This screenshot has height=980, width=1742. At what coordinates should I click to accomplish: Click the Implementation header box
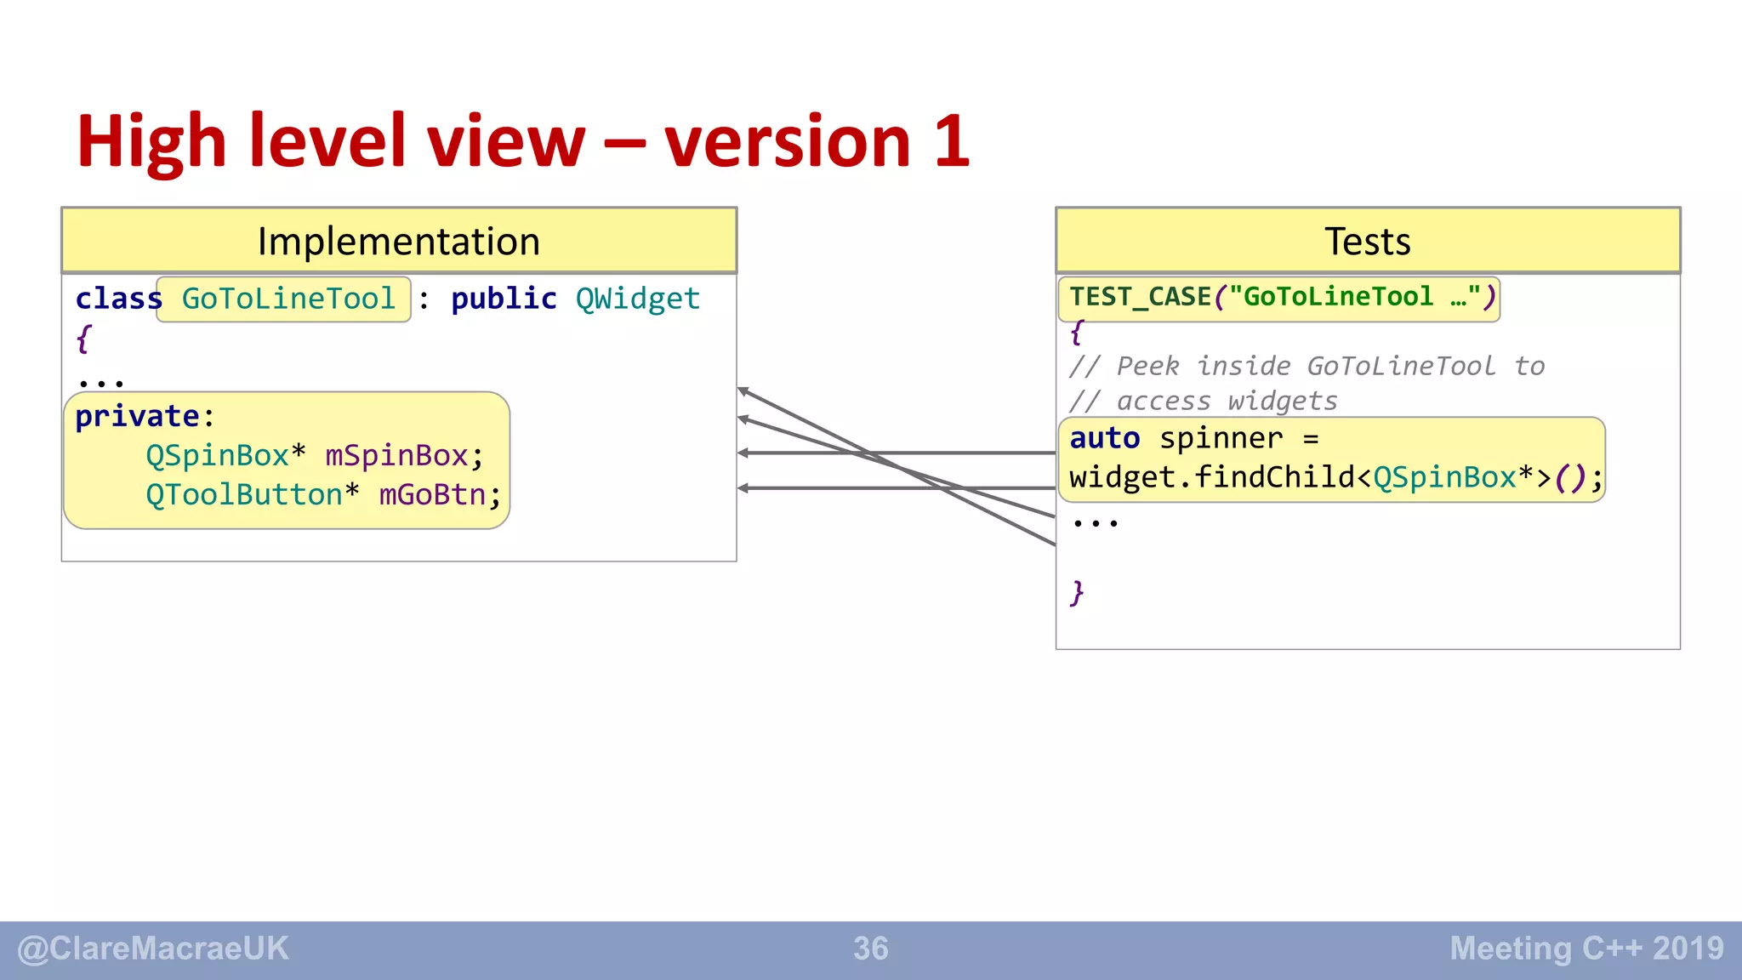point(399,241)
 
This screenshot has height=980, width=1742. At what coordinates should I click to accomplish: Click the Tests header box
point(1367,241)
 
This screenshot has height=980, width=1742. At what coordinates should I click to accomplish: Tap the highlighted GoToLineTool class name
point(288,299)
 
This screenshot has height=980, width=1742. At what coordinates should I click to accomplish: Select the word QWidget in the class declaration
point(637,299)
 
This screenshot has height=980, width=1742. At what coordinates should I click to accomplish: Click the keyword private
point(137,416)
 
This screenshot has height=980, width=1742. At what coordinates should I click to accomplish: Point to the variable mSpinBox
point(396,456)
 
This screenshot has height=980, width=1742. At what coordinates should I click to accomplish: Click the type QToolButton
point(243,494)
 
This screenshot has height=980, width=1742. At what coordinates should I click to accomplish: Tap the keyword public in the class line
point(504,299)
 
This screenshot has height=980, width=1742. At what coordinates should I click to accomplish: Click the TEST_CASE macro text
point(1140,297)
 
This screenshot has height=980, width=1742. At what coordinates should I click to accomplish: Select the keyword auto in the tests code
point(1104,438)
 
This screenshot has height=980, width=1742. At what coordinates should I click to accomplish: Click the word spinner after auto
point(1221,438)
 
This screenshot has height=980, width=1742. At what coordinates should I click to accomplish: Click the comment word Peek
point(1147,366)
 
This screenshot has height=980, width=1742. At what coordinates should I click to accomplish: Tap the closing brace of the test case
point(1077,592)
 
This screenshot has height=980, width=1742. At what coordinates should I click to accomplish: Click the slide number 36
point(870,949)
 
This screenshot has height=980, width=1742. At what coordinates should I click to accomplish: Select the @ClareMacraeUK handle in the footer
point(153,949)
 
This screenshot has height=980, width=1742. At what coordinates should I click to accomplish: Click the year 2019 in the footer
point(1688,949)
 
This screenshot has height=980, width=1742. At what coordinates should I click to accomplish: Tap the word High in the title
point(151,141)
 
